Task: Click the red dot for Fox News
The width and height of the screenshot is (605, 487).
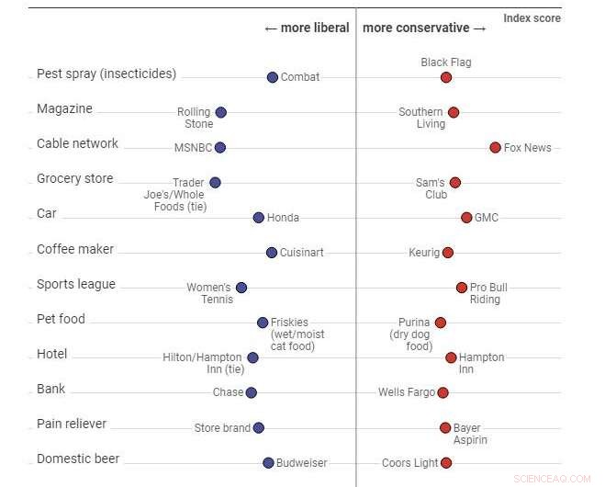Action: click(495, 147)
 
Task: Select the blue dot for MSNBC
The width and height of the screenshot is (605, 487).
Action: click(219, 147)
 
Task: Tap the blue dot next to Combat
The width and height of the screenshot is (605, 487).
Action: click(272, 77)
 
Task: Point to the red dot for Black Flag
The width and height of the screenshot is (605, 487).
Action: click(446, 77)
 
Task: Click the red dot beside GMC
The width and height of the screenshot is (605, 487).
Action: click(466, 218)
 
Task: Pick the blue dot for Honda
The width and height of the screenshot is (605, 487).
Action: click(259, 218)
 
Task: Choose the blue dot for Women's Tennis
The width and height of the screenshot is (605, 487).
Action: click(241, 288)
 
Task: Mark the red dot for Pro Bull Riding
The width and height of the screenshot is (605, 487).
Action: click(462, 288)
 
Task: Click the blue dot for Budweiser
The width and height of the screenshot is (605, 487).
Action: click(268, 463)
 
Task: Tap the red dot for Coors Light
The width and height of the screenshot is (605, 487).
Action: click(446, 463)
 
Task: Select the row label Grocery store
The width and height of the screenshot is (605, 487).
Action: click(74, 178)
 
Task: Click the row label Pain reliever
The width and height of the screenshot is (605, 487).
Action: click(72, 424)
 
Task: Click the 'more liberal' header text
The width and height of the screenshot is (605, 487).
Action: click(307, 28)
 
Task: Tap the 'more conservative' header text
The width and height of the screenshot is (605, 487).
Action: click(425, 28)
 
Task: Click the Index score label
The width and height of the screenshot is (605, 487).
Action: click(532, 18)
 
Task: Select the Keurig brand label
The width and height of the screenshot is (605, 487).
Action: click(424, 253)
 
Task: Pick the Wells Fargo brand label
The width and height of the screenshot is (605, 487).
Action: click(407, 392)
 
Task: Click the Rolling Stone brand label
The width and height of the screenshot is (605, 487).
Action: click(196, 118)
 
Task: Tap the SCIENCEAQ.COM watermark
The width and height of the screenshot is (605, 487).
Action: click(553, 478)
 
